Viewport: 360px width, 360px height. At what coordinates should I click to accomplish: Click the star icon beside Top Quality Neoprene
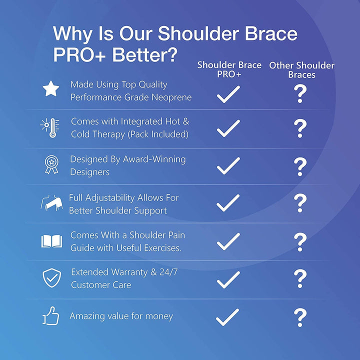point(50,89)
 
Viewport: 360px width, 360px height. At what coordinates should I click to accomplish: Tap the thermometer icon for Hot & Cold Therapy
point(50,127)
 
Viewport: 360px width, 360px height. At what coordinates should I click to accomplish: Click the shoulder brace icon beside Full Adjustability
point(51,203)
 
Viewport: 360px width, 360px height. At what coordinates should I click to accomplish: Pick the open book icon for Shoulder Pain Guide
point(51,241)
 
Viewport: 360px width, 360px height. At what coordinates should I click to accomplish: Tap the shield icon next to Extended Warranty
point(51,278)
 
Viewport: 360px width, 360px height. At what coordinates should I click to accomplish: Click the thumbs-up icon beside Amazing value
point(51,316)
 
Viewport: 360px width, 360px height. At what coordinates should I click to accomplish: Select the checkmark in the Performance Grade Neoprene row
point(228,94)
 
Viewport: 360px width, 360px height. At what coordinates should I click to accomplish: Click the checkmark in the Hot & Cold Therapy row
point(228,128)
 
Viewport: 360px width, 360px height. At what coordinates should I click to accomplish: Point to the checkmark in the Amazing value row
point(228,316)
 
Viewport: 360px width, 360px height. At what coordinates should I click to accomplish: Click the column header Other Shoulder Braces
point(301,70)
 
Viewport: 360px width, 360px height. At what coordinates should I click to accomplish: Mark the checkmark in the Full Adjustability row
point(228,203)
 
